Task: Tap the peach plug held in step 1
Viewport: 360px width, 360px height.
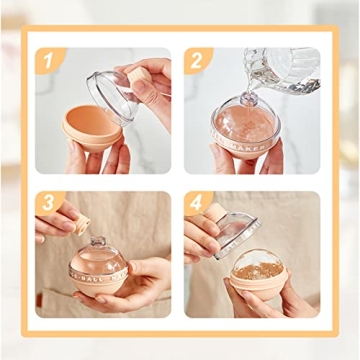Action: [139, 76]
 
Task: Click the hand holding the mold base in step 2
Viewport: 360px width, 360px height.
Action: [230, 160]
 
